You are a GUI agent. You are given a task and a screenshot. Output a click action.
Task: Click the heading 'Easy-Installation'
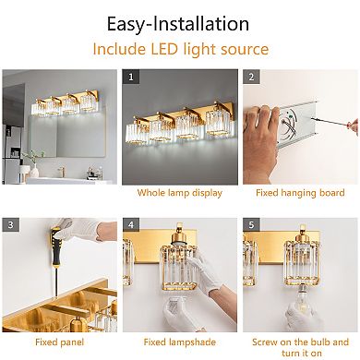coord(180,21)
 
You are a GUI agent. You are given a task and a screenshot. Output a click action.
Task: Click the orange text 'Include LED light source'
coord(180,49)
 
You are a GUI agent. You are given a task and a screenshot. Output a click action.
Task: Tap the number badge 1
coord(131,78)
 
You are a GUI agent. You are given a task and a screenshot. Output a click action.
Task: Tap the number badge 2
coord(250,78)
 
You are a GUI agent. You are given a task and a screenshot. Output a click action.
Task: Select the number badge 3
coord(10,223)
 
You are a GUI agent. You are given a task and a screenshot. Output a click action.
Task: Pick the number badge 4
coord(131,223)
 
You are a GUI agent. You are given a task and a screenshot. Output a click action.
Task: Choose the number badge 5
coord(250,223)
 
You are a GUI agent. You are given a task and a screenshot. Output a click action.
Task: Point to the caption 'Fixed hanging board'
coord(301,193)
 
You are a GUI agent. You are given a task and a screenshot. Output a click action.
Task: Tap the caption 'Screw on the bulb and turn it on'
coord(301,345)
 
